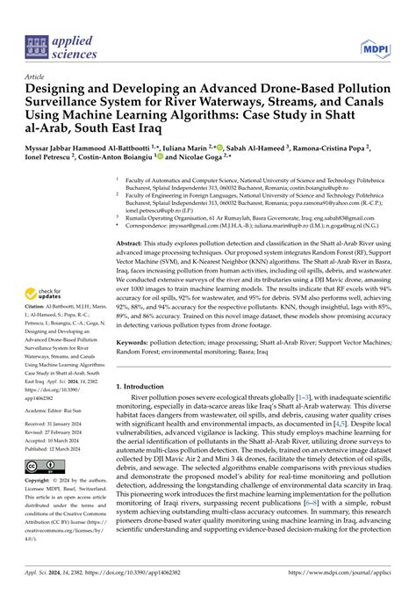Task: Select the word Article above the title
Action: point(39,77)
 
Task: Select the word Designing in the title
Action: point(61,90)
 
